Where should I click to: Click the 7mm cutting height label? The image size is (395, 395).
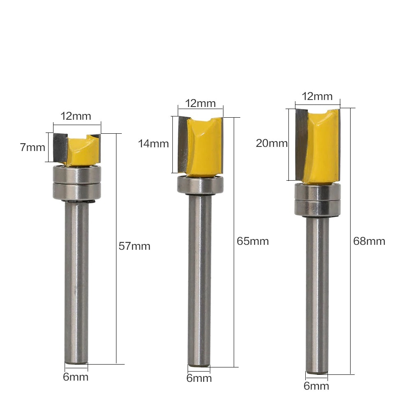(33, 147)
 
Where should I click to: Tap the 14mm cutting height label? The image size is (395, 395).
(153, 144)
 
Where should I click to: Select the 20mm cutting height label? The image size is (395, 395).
(272, 143)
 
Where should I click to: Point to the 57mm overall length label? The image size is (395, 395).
(135, 246)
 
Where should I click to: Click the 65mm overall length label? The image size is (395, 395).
(253, 241)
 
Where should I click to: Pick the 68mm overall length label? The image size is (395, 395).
(369, 241)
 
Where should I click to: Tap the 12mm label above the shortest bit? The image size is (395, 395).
(76, 116)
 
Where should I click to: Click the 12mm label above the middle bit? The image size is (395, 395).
(200, 103)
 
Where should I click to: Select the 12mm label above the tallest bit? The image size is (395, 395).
(317, 96)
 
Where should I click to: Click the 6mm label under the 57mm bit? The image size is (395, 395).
(76, 377)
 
